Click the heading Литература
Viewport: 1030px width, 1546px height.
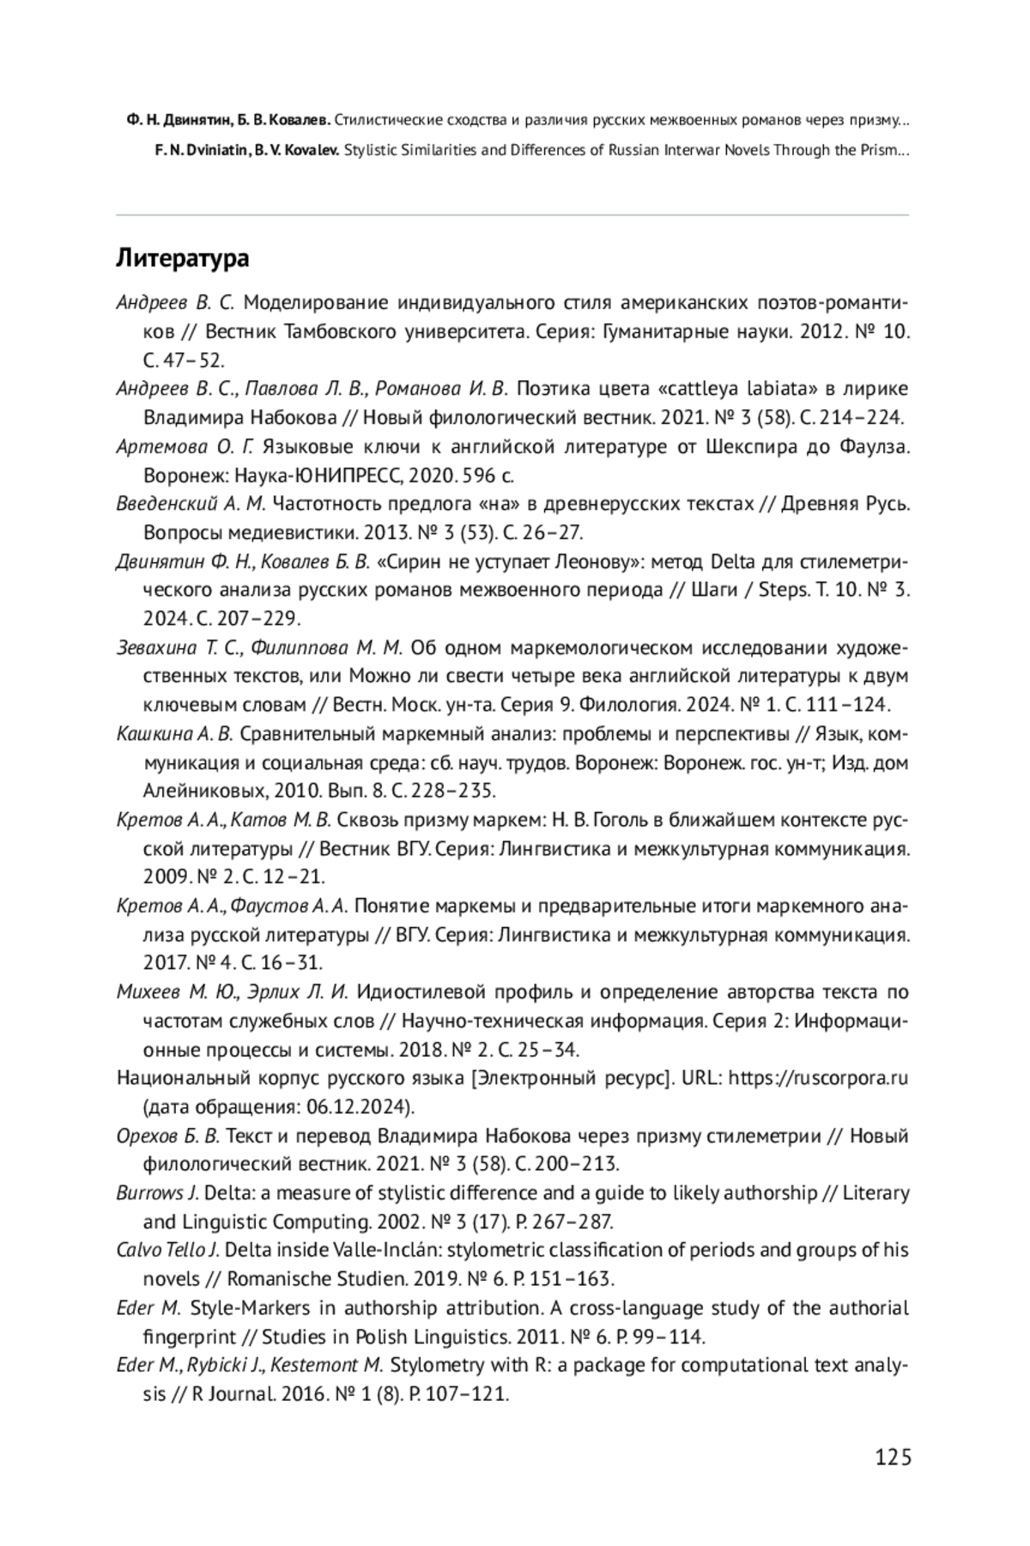pos(183,258)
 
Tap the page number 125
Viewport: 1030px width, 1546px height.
pos(893,1457)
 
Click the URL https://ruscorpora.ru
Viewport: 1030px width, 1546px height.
pos(818,1077)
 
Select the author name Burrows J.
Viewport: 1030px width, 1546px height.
pos(157,1192)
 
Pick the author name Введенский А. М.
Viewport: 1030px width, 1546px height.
pos(191,503)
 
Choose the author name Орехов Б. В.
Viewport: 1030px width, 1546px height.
pos(168,1136)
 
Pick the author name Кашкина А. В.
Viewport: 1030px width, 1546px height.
pos(174,734)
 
